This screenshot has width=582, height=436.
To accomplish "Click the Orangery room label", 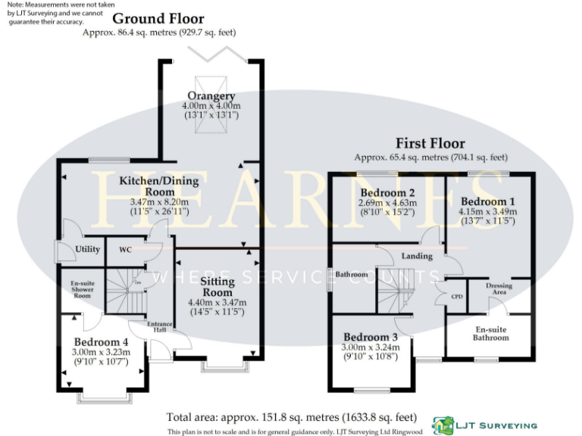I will [211, 96].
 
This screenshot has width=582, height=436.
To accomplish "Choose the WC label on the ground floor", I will [126, 249].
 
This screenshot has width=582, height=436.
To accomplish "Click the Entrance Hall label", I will [161, 327].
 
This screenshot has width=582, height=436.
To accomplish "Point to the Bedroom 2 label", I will [386, 192].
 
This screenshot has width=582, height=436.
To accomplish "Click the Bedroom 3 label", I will [371, 337].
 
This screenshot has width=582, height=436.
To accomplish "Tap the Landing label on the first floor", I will [417, 256].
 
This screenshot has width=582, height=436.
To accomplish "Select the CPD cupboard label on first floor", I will [458, 296].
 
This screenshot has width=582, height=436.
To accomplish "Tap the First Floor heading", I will [430, 143].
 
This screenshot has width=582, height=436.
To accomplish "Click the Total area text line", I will [292, 416].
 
